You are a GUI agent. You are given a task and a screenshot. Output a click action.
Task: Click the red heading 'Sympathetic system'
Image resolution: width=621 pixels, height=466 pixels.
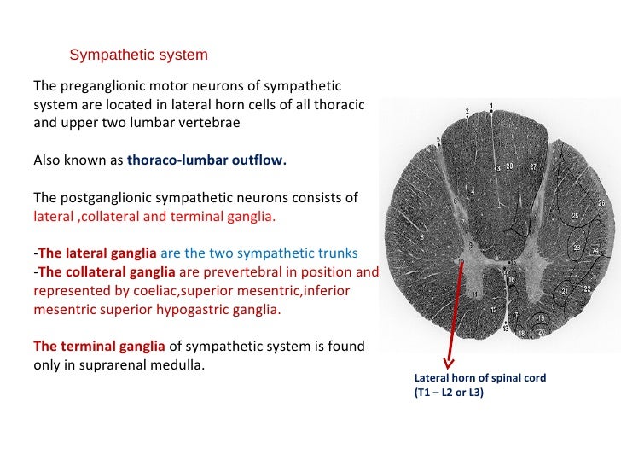point(138,55)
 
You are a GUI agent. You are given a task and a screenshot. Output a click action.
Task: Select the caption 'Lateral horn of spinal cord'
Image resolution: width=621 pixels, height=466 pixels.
point(479,377)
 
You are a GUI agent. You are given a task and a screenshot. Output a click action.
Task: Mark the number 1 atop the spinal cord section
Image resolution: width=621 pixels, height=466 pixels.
point(491,107)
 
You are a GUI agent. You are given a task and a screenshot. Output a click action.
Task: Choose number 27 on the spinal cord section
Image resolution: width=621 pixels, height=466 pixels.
point(533,166)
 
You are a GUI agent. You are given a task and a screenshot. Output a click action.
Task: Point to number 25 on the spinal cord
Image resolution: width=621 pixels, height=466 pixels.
point(574,217)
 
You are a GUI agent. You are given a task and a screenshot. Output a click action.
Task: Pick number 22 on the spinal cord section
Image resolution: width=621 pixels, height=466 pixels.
point(586,289)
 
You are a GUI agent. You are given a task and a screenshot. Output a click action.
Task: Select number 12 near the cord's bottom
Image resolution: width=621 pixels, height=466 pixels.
point(494,309)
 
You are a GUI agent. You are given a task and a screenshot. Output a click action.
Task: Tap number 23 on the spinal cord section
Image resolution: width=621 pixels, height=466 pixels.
point(577,248)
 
